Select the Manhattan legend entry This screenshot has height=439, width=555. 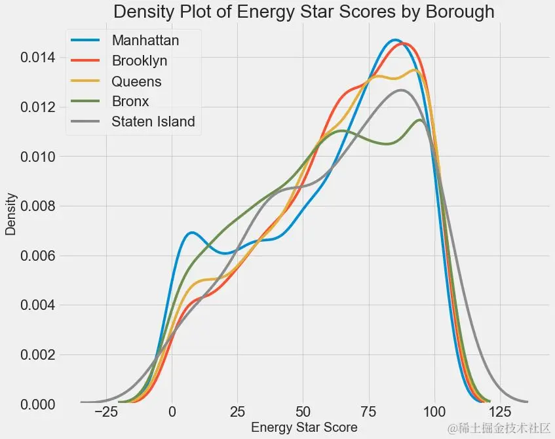[145, 40]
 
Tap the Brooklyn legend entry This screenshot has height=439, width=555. [140, 60]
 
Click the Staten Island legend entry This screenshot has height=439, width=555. [153, 121]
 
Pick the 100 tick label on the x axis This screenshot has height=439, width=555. [434, 413]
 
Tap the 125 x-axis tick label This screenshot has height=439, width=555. [499, 413]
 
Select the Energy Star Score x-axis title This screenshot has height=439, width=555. [304, 428]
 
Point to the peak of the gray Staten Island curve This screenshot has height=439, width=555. [401, 90]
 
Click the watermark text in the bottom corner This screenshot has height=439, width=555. [498, 429]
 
